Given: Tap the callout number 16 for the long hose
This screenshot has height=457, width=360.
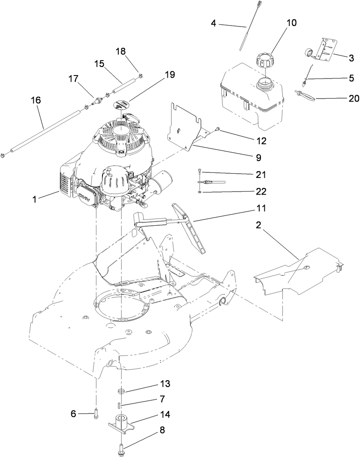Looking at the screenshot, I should pos(36,100).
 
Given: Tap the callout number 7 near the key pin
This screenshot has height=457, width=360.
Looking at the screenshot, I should pos(162,399).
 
